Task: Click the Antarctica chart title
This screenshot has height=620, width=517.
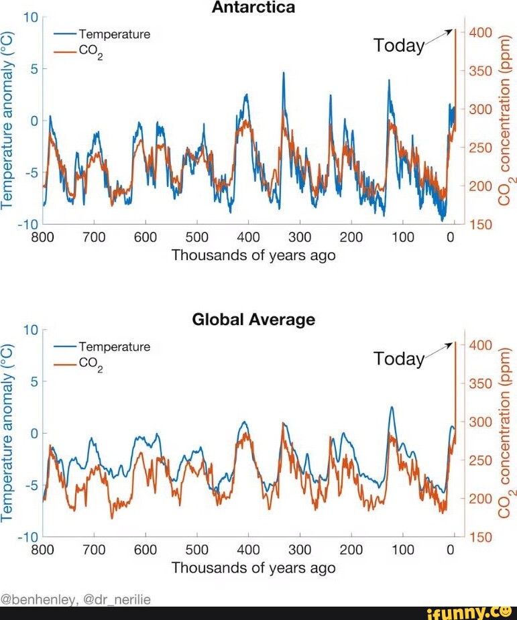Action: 253,8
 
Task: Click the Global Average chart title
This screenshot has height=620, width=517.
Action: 253,320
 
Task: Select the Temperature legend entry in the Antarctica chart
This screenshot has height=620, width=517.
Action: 114,34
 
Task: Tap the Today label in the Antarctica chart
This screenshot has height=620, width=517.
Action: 398,46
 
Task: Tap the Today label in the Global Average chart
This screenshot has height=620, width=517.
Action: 398,359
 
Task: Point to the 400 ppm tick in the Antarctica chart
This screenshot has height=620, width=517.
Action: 481,32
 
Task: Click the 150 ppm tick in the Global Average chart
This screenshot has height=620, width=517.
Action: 481,537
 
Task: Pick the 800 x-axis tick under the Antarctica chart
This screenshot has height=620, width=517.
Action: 43,237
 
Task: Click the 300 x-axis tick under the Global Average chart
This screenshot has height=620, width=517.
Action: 300,550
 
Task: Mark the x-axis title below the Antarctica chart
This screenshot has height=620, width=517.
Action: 253,255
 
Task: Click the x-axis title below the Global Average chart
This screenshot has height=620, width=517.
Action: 253,568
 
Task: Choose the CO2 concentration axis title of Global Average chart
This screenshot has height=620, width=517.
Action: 505,432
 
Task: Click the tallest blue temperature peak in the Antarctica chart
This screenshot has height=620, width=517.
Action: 283,73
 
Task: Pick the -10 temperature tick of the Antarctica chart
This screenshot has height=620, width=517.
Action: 30,224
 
